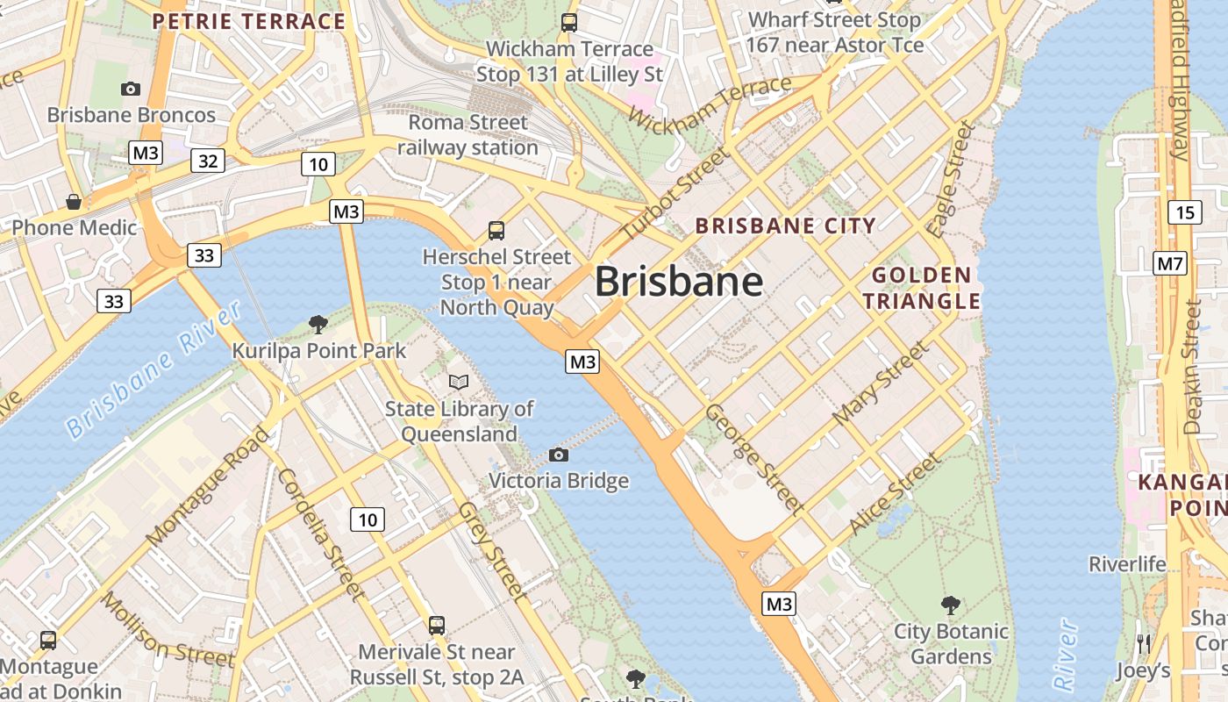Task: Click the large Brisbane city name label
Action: [679, 282]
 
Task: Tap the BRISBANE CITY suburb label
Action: [785, 226]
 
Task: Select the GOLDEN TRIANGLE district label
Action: [921, 289]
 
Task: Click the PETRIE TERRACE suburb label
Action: [249, 21]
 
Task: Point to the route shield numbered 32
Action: [208, 161]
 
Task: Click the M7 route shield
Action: [1170, 262]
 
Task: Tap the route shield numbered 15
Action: [1184, 211]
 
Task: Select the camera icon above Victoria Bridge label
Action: [558, 455]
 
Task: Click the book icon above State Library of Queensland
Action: [459, 382]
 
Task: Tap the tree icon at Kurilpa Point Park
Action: [318, 325]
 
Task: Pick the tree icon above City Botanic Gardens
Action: [950, 605]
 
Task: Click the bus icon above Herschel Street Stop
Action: [496, 231]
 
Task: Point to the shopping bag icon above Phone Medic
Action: [74, 202]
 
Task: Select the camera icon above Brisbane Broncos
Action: [131, 89]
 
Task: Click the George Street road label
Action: [754, 458]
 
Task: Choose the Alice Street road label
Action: [894, 494]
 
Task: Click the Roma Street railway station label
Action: [468, 135]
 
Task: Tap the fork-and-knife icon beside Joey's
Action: [1143, 643]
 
